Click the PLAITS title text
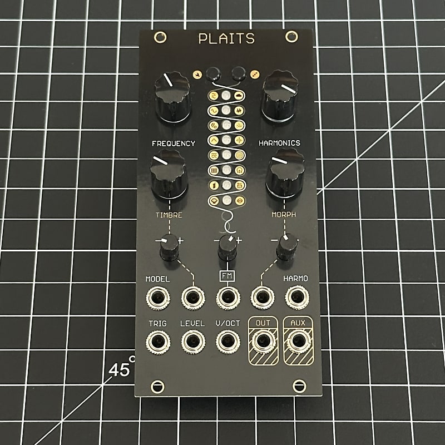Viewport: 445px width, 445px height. (226, 38)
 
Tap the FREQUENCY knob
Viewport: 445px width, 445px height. (172, 96)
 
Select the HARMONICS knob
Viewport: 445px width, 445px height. (280, 96)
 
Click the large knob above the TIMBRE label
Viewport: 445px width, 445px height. (169, 174)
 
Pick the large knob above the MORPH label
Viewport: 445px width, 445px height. (285, 173)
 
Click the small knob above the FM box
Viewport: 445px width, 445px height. (228, 247)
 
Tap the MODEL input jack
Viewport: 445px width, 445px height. (158, 298)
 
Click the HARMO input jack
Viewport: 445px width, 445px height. (297, 298)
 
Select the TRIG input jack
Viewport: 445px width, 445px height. (158, 342)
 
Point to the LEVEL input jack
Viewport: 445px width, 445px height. (193, 342)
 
